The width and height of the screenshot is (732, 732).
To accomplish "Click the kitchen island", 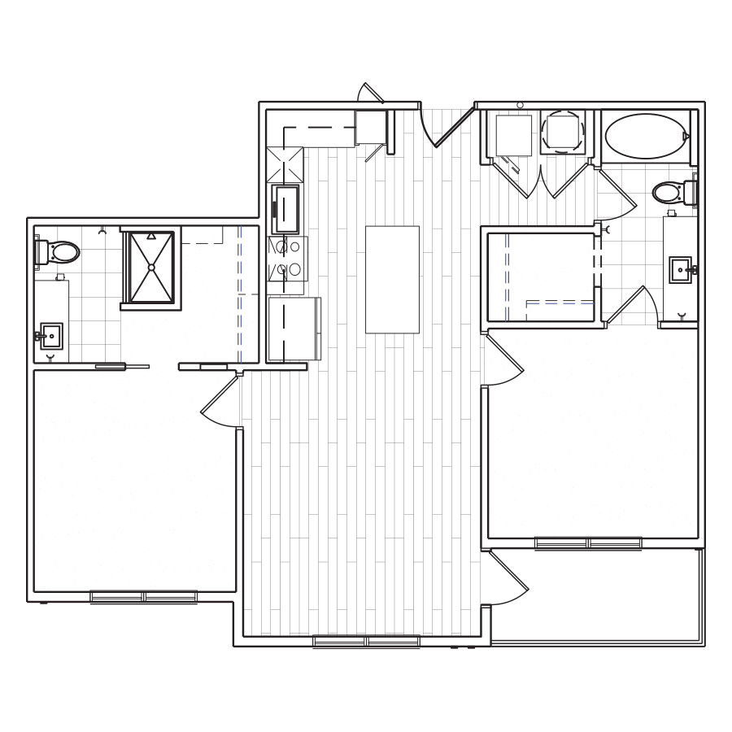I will pos(392,279).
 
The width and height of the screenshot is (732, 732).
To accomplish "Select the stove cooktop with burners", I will pos(286,258).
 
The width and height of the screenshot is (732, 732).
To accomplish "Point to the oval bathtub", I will pos(647,134).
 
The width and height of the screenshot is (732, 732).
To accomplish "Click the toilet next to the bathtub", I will pos(673,193).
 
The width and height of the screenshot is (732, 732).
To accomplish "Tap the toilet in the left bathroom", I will pos(59,252).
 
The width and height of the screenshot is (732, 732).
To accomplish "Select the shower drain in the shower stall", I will pos(151,267).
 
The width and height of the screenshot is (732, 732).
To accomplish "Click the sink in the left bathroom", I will pos(50,335).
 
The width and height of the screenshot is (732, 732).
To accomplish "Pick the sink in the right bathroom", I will pos(680,269).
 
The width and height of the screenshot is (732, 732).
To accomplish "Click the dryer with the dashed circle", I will pos(562,131).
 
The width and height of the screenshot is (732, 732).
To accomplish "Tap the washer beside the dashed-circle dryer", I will pos(513,134).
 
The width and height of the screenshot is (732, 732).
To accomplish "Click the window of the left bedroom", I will pos(144,596).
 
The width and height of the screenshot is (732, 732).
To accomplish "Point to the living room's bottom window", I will pos(367,642).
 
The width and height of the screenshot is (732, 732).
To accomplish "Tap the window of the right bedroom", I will pos(588,542).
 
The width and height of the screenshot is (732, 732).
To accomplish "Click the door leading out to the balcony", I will pos(506,579).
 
